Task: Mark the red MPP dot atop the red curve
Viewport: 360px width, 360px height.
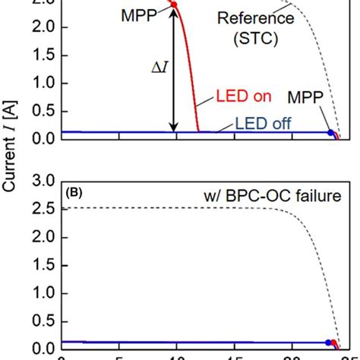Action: click(174, 5)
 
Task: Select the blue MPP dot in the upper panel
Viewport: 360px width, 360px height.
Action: click(330, 133)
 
